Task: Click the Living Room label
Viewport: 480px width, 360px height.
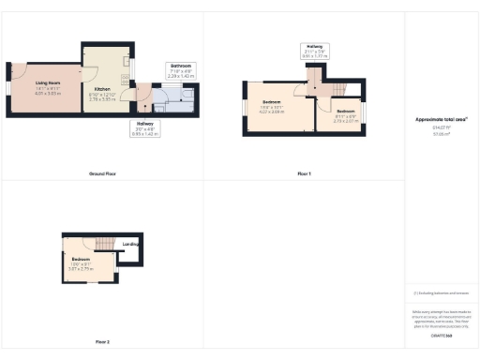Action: (48, 84)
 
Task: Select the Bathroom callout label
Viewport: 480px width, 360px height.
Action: (180, 65)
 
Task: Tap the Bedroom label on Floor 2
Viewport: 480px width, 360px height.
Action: (81, 259)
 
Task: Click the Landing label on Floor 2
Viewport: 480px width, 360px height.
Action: (131, 245)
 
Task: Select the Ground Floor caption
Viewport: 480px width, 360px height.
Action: (102, 174)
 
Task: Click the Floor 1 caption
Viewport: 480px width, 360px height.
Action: (304, 174)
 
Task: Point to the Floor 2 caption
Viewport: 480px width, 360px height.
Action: (102, 342)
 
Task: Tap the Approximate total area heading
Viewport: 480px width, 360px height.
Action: (442, 119)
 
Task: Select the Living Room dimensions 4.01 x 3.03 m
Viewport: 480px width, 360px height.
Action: (48, 94)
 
